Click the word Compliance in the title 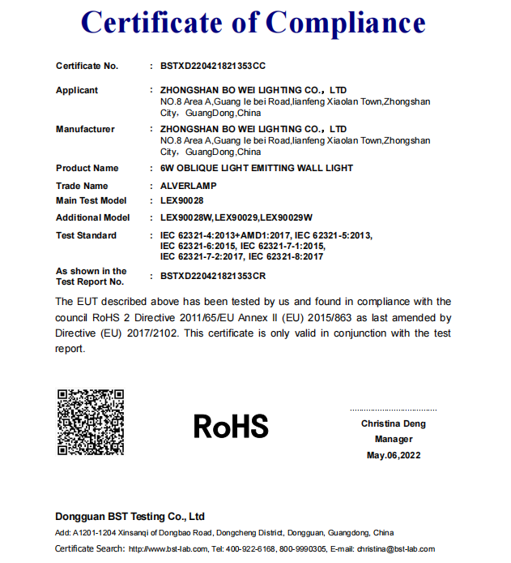346,24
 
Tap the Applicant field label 77,90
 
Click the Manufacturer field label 85,129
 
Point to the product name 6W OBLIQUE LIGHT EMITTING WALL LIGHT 257,168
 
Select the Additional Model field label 92,217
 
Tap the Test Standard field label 86,235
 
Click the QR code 91,423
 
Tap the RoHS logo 231,425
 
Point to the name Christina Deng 394,423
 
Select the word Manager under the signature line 394,439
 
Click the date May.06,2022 394,455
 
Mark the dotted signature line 393,410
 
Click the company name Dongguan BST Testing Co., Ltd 130,516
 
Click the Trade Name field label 81,186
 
